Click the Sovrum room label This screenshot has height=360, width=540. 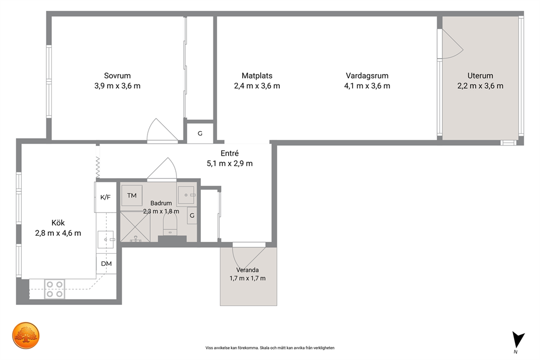point(118,76)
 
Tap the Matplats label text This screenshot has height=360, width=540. point(257,76)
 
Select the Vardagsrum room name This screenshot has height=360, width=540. point(367,76)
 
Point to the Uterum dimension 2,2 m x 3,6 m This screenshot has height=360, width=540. point(480,86)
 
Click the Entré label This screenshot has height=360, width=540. point(230,153)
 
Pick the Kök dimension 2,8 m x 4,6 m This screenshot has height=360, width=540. point(58,233)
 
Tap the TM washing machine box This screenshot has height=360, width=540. point(132,196)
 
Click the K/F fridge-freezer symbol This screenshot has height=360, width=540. point(106,197)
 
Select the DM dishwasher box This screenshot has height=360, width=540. point(106,264)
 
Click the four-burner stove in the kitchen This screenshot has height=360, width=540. point(55,289)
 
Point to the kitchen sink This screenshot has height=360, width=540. point(106,239)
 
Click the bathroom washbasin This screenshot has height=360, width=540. point(187,195)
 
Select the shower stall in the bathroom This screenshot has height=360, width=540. point(135,227)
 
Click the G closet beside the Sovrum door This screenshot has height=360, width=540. point(200,133)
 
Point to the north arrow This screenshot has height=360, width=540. point(518,340)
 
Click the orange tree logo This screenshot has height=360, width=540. point(26,335)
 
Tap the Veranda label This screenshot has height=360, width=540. point(247,270)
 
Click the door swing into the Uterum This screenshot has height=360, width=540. point(452,44)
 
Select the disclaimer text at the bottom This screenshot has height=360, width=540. point(270,348)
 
